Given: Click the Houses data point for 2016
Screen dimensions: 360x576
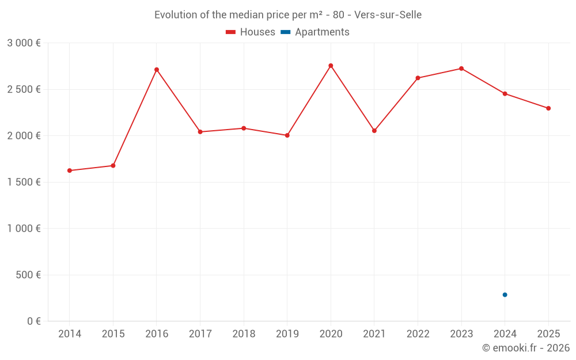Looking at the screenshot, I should [x=157, y=70].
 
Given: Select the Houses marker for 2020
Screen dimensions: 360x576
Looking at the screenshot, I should [x=331, y=66].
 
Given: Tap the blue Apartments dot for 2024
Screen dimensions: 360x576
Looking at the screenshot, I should [x=505, y=295].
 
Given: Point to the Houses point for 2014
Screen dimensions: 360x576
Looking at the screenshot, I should [x=70, y=170].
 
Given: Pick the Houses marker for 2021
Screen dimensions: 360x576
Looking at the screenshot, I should [x=374, y=131].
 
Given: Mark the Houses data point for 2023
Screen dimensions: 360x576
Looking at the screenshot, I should [x=461, y=69].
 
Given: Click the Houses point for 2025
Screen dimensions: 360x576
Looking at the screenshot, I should [x=548, y=108].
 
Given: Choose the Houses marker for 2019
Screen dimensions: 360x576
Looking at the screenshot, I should [x=287, y=135].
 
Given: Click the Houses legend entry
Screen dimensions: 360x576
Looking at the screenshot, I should [x=251, y=32].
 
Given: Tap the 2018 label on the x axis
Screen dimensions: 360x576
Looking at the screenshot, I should [x=244, y=334].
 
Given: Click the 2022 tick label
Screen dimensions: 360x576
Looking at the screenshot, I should [x=418, y=334].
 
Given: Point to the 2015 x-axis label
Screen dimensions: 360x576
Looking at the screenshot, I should [x=113, y=334].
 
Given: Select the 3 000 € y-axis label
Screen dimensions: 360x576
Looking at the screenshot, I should [x=24, y=43].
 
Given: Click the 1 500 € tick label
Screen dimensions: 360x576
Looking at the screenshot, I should [x=24, y=182].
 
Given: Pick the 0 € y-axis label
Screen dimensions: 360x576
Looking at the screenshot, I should [x=35, y=321].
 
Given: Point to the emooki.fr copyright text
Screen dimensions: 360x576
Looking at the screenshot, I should [x=526, y=348].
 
